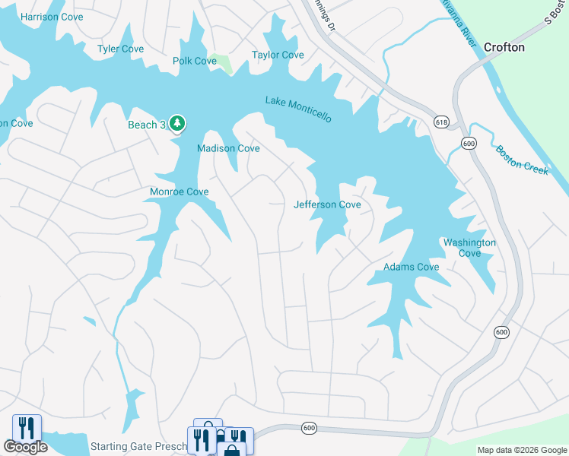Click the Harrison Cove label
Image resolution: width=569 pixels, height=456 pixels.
52,17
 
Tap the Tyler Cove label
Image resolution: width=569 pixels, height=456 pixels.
120,49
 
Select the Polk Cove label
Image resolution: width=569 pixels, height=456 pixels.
195,61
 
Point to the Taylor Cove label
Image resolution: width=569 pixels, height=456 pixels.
278,55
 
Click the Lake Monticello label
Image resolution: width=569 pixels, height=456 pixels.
298,109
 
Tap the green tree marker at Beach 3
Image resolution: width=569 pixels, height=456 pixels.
177,123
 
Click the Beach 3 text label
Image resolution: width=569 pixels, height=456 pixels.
146,125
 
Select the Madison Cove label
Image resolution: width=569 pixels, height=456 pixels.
228,148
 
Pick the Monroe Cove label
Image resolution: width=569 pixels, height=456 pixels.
179,192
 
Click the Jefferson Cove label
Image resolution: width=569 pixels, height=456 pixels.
327,204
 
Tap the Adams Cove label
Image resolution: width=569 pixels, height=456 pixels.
411,267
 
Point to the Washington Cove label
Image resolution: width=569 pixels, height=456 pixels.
469,248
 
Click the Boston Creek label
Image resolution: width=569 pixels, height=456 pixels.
522,160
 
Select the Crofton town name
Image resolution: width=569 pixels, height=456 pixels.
504,47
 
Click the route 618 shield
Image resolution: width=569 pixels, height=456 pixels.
442,122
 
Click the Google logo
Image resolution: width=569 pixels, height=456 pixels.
26,447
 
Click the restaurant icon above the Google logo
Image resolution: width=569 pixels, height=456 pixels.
27,427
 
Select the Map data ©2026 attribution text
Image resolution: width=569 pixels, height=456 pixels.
521,450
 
